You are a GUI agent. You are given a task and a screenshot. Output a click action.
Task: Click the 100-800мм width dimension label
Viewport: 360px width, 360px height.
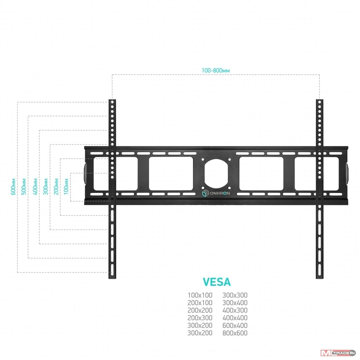coord(216,70)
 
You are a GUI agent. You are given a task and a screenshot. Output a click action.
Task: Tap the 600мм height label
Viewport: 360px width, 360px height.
coord(13,187)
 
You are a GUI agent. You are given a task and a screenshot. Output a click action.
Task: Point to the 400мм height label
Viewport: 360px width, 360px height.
coord(35,187)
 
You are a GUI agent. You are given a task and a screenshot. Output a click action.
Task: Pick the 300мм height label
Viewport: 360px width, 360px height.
coord(45,187)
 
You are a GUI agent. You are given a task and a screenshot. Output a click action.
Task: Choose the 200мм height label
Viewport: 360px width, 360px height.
coord(56,187)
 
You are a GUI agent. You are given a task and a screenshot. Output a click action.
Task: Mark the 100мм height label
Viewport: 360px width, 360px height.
coord(66,187)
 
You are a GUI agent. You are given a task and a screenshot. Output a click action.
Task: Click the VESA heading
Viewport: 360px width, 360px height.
coord(217,282)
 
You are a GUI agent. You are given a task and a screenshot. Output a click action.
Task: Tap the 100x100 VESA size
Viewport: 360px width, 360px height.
coord(200,295)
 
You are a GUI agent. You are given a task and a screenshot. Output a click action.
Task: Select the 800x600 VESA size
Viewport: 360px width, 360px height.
coord(235,333)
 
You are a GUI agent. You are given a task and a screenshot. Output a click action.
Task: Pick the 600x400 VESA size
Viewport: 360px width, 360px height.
coord(235,326)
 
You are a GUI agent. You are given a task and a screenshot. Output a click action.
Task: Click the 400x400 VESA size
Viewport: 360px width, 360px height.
coord(235,318)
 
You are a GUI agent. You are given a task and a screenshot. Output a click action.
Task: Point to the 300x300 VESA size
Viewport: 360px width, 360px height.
coord(235,295)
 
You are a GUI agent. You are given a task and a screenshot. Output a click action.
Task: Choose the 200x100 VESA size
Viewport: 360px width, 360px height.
coord(200,303)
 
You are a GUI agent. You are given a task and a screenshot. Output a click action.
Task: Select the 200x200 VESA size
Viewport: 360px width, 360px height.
coord(200,310)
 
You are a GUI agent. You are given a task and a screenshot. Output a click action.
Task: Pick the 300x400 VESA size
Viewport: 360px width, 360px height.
coord(235,303)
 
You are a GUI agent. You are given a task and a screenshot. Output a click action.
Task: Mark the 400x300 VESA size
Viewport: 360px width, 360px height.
coord(235,310)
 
